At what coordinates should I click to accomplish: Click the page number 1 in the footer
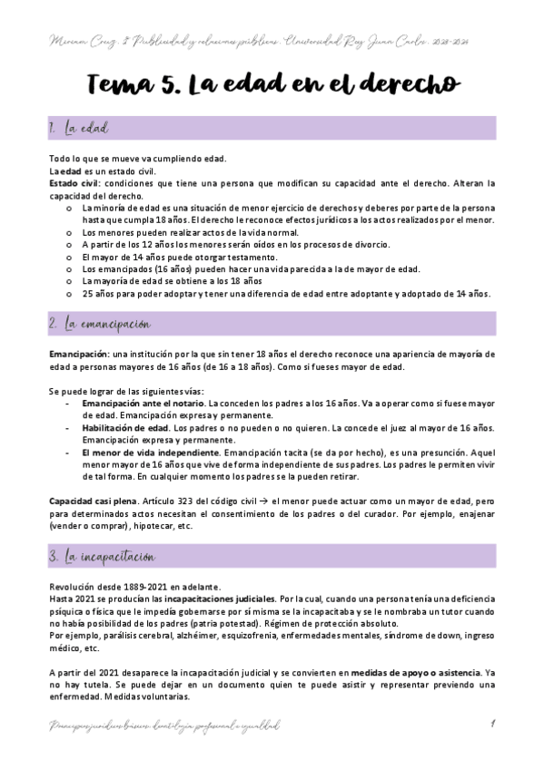[x=491, y=724]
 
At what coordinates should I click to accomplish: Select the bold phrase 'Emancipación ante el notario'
[x=155, y=402]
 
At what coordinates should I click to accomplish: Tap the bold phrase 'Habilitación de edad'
[x=124, y=426]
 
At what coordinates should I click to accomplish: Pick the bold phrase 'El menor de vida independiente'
[x=150, y=451]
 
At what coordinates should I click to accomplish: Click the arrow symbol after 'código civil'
[x=264, y=501]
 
